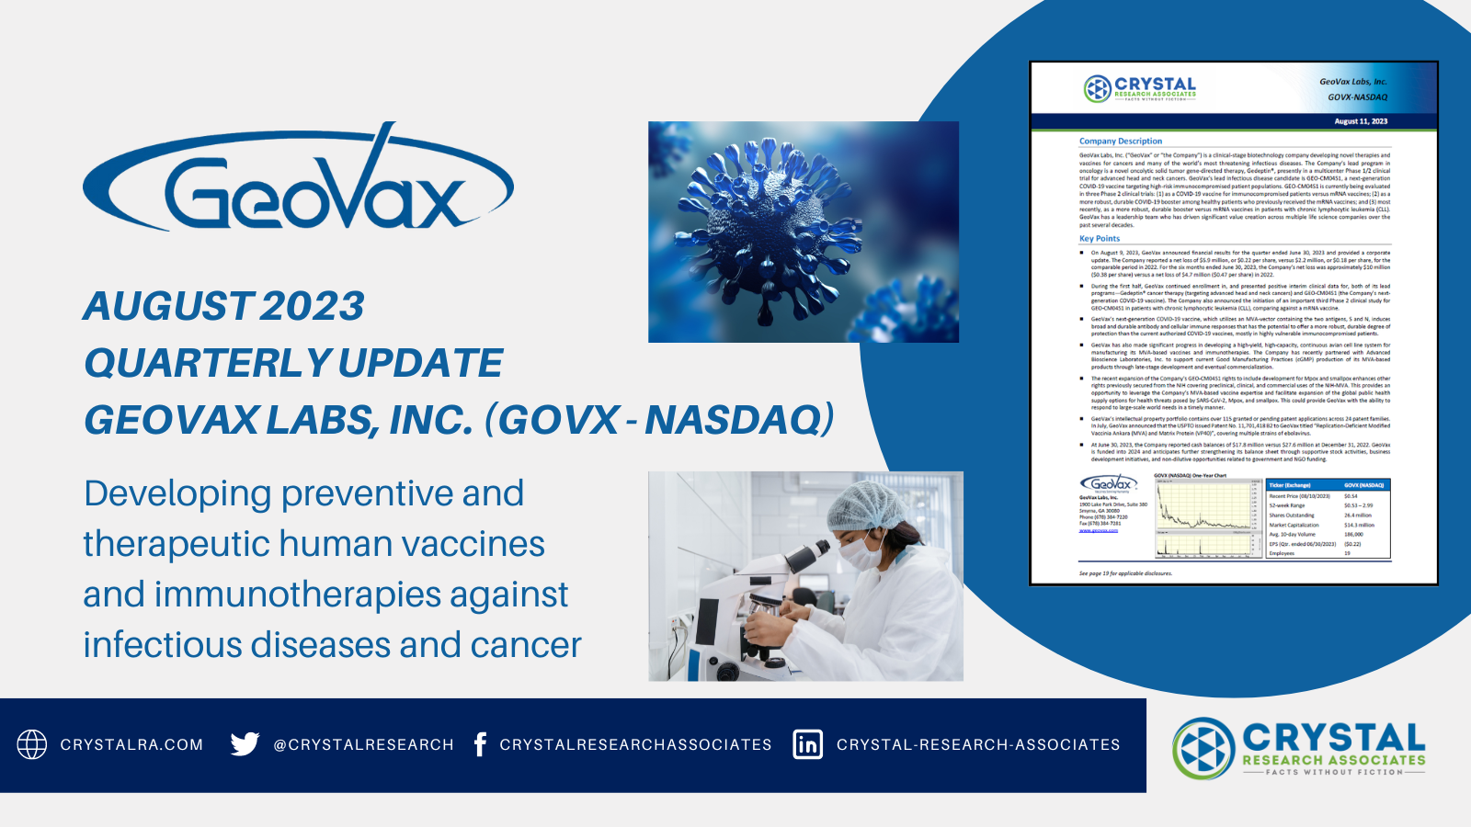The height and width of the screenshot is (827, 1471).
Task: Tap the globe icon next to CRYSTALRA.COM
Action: (32, 744)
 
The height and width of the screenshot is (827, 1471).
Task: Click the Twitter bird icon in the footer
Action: (245, 743)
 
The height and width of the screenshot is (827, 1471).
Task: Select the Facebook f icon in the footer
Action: (480, 744)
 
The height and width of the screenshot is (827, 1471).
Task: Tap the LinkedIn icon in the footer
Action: (807, 744)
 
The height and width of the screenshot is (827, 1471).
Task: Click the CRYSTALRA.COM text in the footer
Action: (131, 745)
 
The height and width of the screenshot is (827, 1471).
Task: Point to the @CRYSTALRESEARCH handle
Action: (363, 745)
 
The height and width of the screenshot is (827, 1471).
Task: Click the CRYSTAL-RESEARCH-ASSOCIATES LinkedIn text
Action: (978, 745)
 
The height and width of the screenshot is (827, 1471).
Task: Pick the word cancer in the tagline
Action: (526, 645)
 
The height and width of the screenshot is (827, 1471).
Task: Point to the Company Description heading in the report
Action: (1120, 142)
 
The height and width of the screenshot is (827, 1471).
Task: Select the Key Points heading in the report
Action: (1100, 239)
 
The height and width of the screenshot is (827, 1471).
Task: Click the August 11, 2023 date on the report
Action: (1361, 121)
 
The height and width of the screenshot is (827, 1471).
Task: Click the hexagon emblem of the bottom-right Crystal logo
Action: (1203, 748)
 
